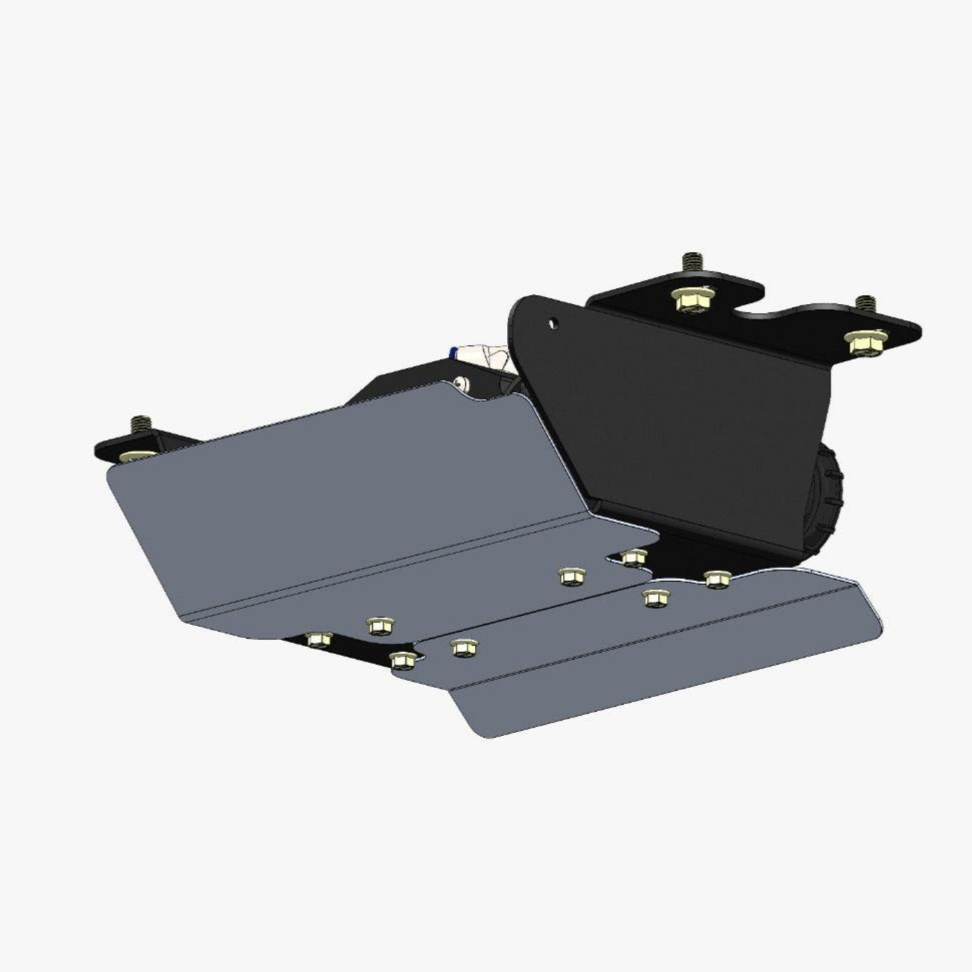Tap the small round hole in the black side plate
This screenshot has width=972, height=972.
click(553, 323)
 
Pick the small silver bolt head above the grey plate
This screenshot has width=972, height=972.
click(459, 383)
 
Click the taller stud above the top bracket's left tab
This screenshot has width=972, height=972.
click(689, 263)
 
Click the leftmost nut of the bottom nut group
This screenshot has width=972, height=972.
click(319, 639)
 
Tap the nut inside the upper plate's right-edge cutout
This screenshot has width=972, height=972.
click(634, 557)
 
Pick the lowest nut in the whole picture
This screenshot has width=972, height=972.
click(402, 660)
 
